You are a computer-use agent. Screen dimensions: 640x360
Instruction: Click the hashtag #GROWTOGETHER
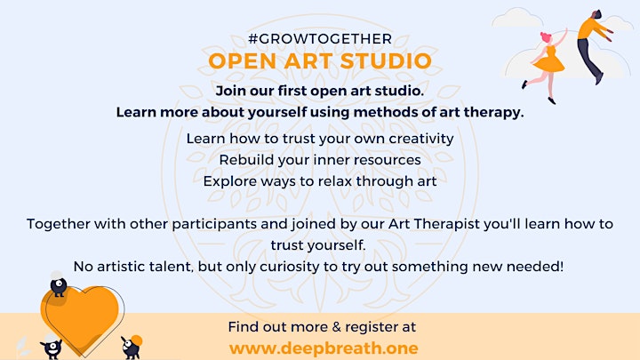coord(320,39)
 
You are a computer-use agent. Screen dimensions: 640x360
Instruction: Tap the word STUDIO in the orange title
coord(386,60)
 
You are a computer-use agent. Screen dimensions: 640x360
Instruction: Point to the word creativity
coord(420,139)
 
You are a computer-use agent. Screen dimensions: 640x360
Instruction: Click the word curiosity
coord(290,267)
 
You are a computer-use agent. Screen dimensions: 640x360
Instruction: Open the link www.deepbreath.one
coord(324,348)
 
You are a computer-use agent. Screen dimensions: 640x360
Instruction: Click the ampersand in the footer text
coord(336,327)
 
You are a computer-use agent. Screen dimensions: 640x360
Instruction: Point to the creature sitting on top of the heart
coord(59,285)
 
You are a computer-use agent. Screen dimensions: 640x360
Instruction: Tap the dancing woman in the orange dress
coord(545,65)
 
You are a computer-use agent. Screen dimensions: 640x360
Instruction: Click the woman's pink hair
coord(546,37)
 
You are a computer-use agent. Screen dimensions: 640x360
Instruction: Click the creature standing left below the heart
coord(52,347)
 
